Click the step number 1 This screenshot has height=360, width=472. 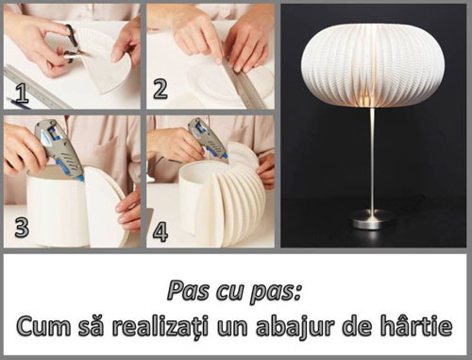[x=22, y=94]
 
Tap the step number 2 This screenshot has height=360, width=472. [x=160, y=89]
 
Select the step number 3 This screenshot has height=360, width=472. [x=22, y=228]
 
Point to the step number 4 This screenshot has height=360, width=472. [x=160, y=231]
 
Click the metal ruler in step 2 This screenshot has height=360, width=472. [x=243, y=78]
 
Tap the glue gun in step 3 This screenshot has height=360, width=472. [x=59, y=148]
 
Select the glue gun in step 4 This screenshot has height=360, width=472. [x=207, y=139]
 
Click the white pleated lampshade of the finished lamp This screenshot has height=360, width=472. [x=373, y=65]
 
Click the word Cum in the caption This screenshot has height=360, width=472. [x=43, y=326]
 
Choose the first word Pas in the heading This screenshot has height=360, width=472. [x=188, y=291]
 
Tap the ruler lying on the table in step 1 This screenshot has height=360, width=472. [x=36, y=87]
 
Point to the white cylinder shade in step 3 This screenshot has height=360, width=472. [x=55, y=205]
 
